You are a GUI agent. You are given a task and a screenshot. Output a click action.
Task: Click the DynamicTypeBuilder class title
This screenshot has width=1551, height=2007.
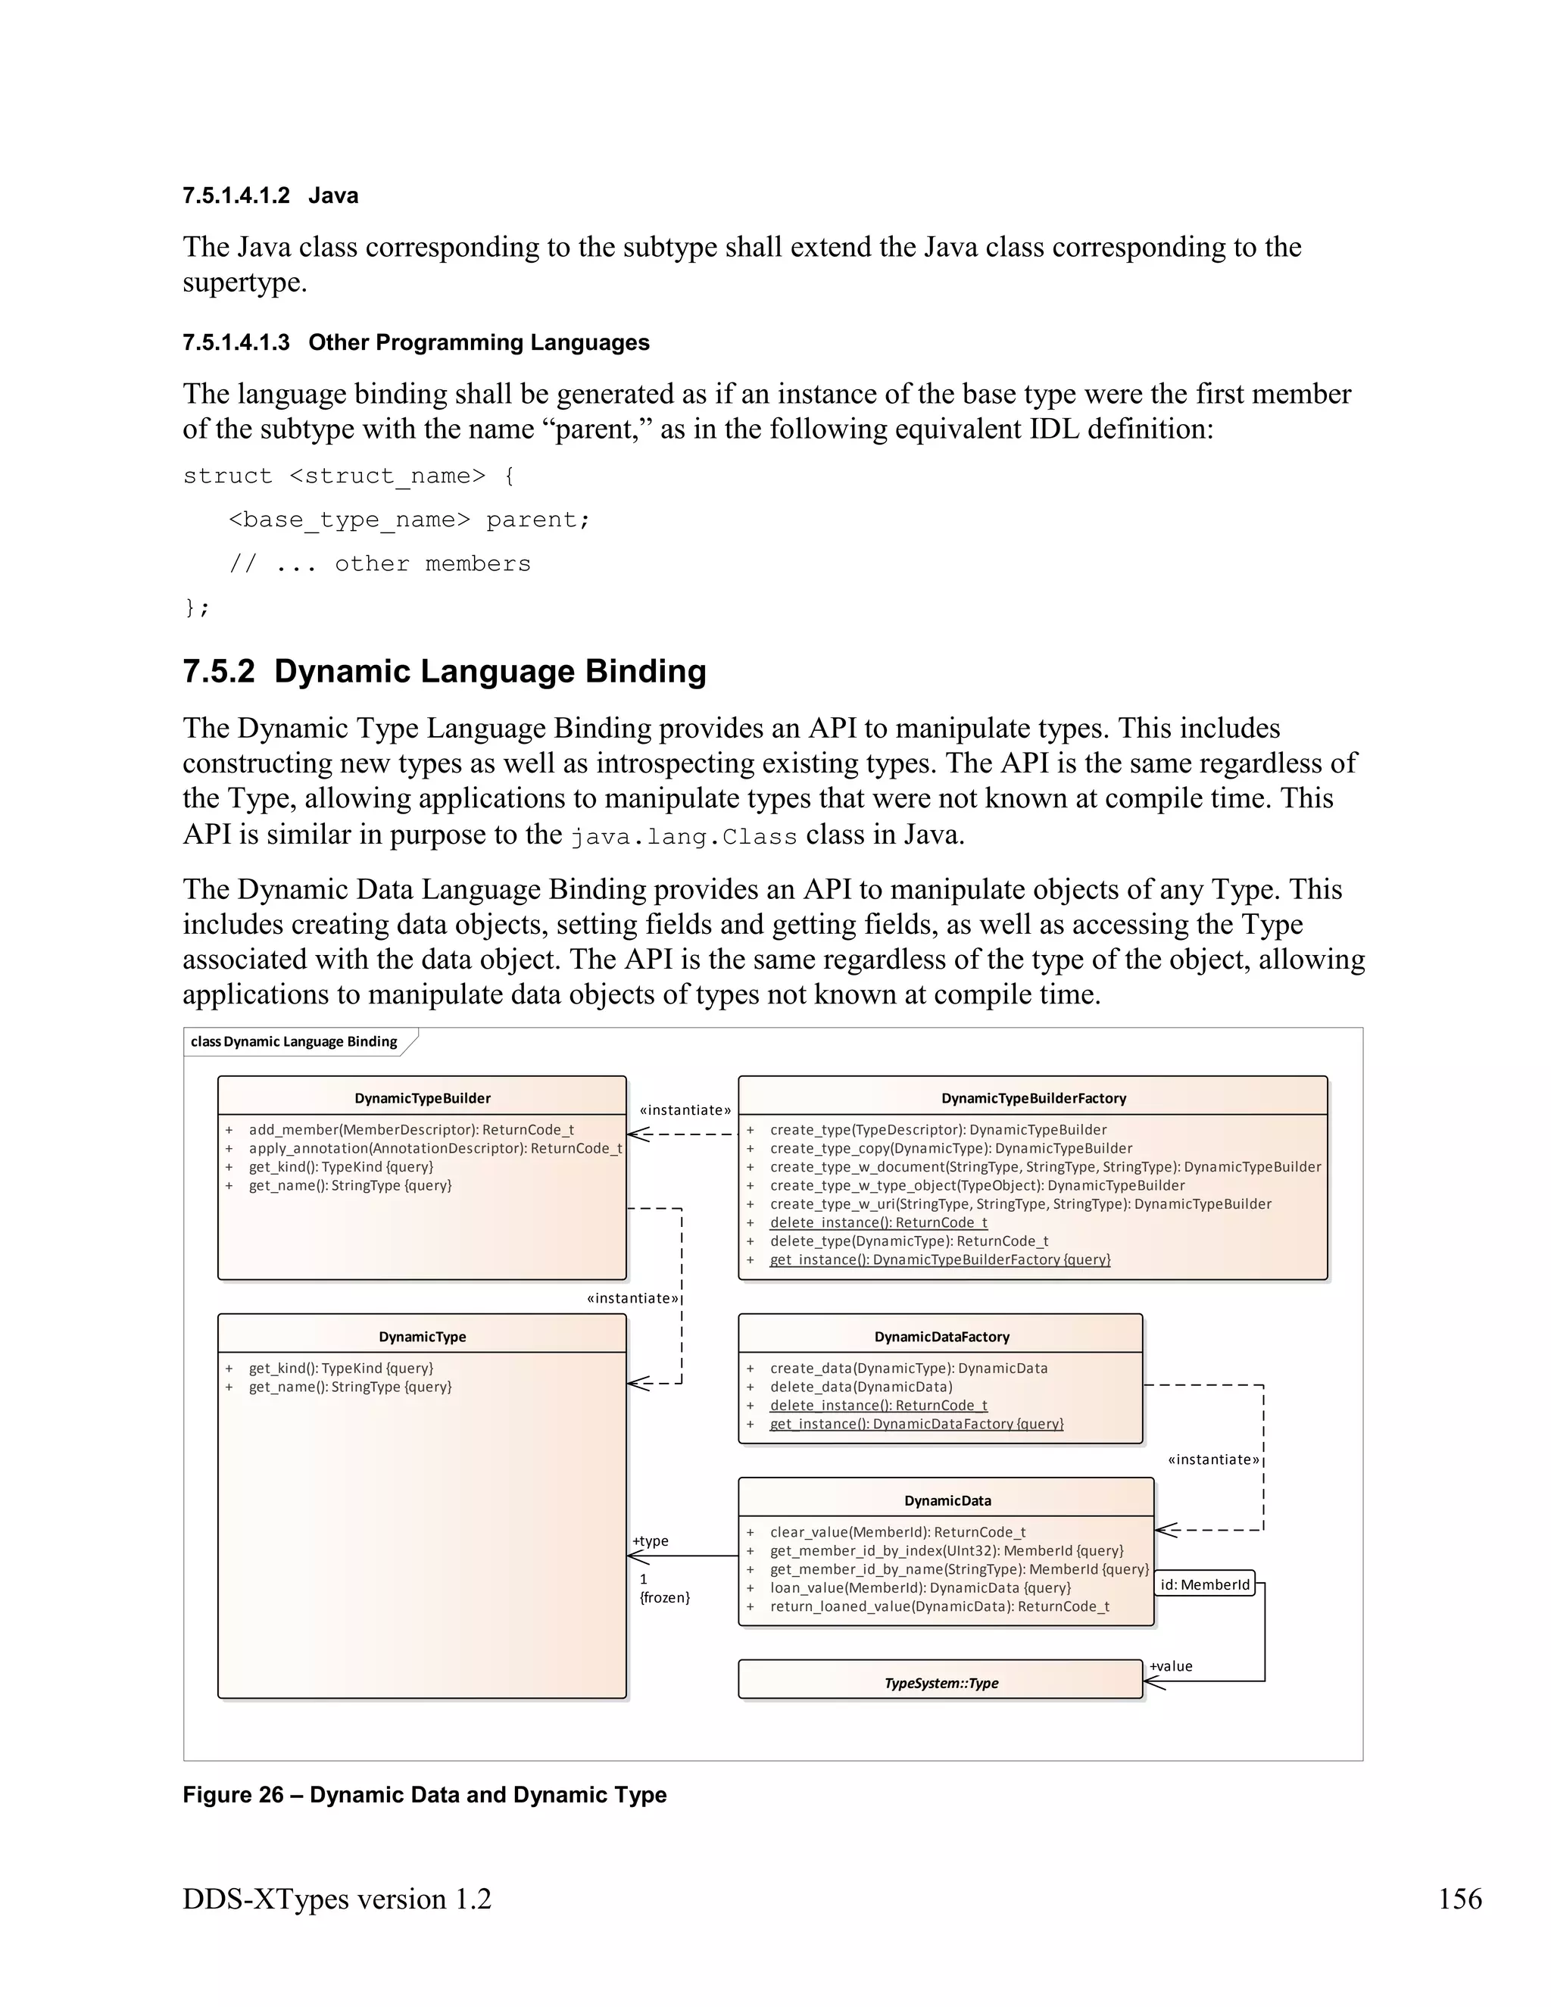(x=422, y=1098)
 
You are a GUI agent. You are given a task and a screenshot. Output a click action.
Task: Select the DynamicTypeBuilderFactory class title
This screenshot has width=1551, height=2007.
(x=1033, y=1098)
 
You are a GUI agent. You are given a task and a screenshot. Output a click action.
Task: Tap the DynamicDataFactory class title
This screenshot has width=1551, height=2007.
(x=941, y=1337)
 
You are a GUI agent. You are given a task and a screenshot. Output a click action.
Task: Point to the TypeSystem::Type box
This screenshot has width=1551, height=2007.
(x=940, y=1684)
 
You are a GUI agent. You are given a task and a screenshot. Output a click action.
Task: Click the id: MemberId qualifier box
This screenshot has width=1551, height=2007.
(x=1203, y=1584)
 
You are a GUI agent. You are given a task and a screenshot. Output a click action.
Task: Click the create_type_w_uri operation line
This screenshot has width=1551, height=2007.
(x=1020, y=1204)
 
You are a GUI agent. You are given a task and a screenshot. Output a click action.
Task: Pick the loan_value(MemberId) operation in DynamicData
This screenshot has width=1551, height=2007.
(x=919, y=1588)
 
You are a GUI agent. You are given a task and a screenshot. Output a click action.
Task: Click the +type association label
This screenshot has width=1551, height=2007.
(x=651, y=1541)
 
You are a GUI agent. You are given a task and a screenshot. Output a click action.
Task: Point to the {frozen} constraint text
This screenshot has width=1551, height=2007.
(x=664, y=1597)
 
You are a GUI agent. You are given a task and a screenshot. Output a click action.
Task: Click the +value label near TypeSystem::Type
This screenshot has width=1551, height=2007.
(x=1171, y=1666)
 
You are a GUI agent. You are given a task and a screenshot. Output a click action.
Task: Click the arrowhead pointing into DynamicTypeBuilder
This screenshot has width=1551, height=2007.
(x=636, y=1134)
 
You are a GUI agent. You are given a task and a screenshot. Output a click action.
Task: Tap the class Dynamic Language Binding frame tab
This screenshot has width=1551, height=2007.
(x=294, y=1041)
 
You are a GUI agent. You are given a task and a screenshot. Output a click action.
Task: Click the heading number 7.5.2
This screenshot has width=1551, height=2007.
(x=219, y=671)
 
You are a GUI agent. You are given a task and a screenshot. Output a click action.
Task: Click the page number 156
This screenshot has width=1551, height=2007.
(x=1459, y=1899)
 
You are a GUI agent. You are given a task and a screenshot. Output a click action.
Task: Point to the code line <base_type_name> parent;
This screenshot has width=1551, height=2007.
(x=409, y=520)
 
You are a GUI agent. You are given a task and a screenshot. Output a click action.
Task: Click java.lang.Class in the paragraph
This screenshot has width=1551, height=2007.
(x=684, y=837)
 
